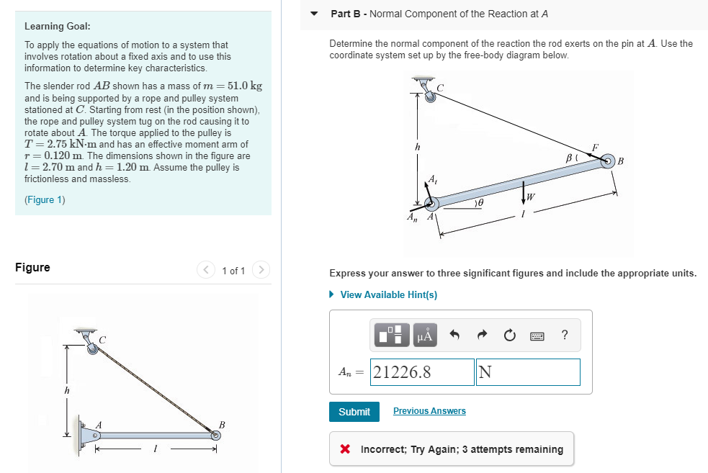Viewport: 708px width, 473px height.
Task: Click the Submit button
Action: tap(354, 411)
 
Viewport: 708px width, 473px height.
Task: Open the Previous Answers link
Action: tap(429, 411)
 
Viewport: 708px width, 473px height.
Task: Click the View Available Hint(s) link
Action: tap(388, 294)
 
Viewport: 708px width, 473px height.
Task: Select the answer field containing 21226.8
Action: tap(422, 372)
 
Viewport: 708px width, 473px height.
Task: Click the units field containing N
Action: tap(527, 372)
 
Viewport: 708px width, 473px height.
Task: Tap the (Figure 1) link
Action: tap(45, 199)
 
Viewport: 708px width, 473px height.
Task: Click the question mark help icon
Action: tap(564, 335)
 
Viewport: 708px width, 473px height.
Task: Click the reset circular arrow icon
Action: tap(509, 335)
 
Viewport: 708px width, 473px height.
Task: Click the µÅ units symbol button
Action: tap(425, 335)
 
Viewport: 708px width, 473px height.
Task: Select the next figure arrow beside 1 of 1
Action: tap(261, 270)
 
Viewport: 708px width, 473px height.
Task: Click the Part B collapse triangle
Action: tap(314, 14)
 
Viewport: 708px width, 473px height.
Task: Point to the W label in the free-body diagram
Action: tap(531, 197)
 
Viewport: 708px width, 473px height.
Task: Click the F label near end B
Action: tap(594, 147)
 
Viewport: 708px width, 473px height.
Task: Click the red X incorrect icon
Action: tap(346, 449)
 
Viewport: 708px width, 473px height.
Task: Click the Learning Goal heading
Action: tap(58, 26)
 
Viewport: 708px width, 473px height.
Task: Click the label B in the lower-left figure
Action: tap(222, 424)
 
